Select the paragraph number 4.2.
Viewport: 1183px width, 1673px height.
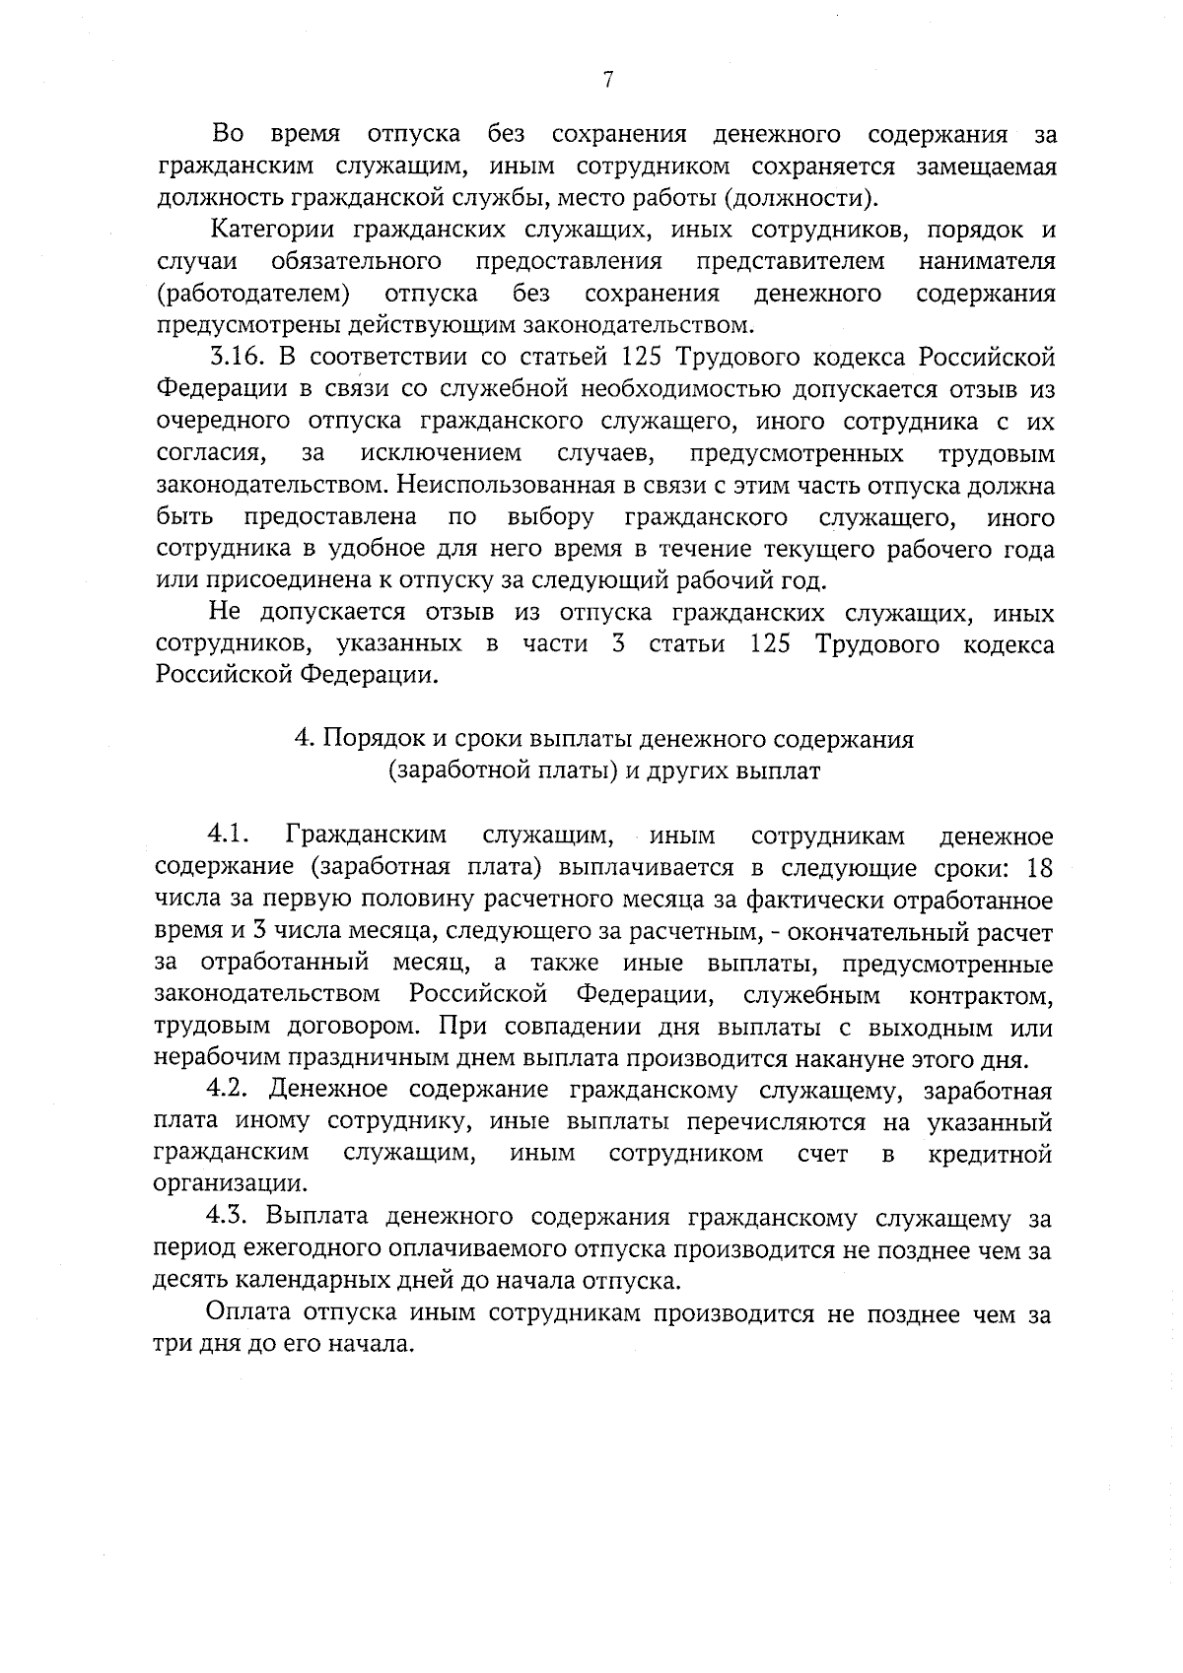click(232, 1091)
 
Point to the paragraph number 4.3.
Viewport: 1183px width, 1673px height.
click(232, 1219)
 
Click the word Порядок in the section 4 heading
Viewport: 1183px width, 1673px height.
click(369, 739)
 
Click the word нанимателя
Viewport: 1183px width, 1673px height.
click(987, 262)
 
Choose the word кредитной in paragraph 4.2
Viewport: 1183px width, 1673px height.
click(990, 1154)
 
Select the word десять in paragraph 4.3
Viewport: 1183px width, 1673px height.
click(191, 1283)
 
